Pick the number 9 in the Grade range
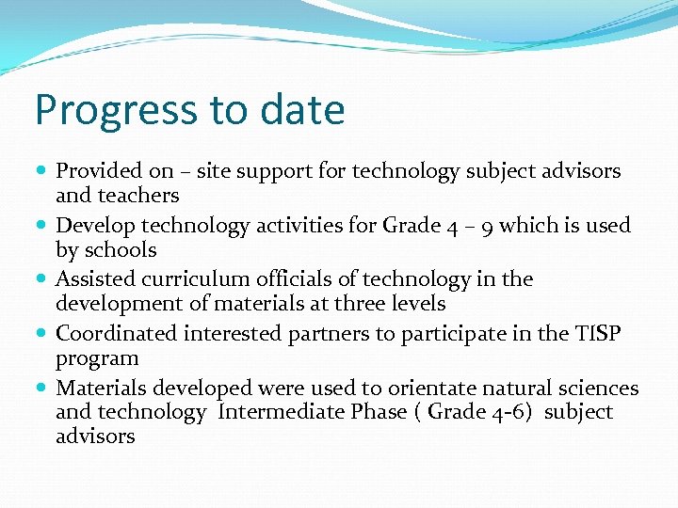(x=486, y=226)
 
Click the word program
(x=97, y=358)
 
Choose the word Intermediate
(x=281, y=412)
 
